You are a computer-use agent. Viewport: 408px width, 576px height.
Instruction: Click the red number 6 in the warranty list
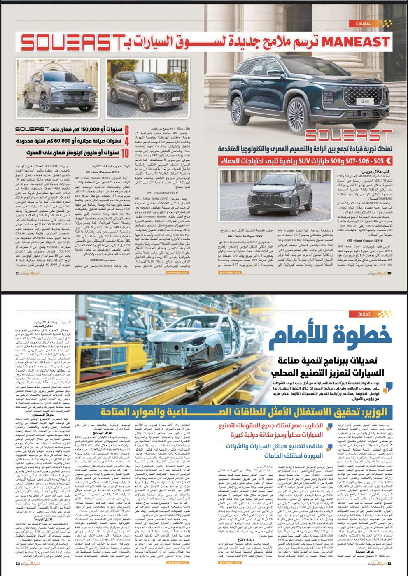[x=127, y=130]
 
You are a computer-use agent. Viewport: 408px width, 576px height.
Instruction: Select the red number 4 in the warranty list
[x=127, y=141]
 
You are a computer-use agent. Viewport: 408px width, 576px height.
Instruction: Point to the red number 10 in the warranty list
[x=125, y=153]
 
